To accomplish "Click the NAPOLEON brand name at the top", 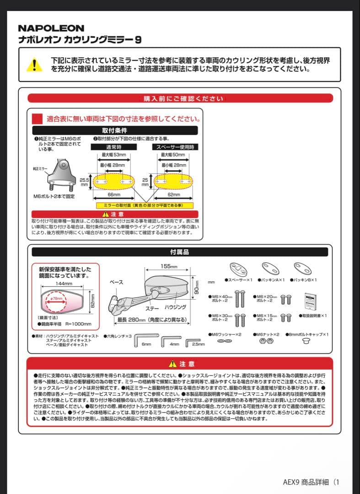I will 51,28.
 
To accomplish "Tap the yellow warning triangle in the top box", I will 34,64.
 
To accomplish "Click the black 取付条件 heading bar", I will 114,130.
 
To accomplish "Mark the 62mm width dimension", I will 173,195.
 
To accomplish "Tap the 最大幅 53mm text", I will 114,156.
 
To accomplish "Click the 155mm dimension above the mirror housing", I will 169,267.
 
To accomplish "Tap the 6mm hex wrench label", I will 146,344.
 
